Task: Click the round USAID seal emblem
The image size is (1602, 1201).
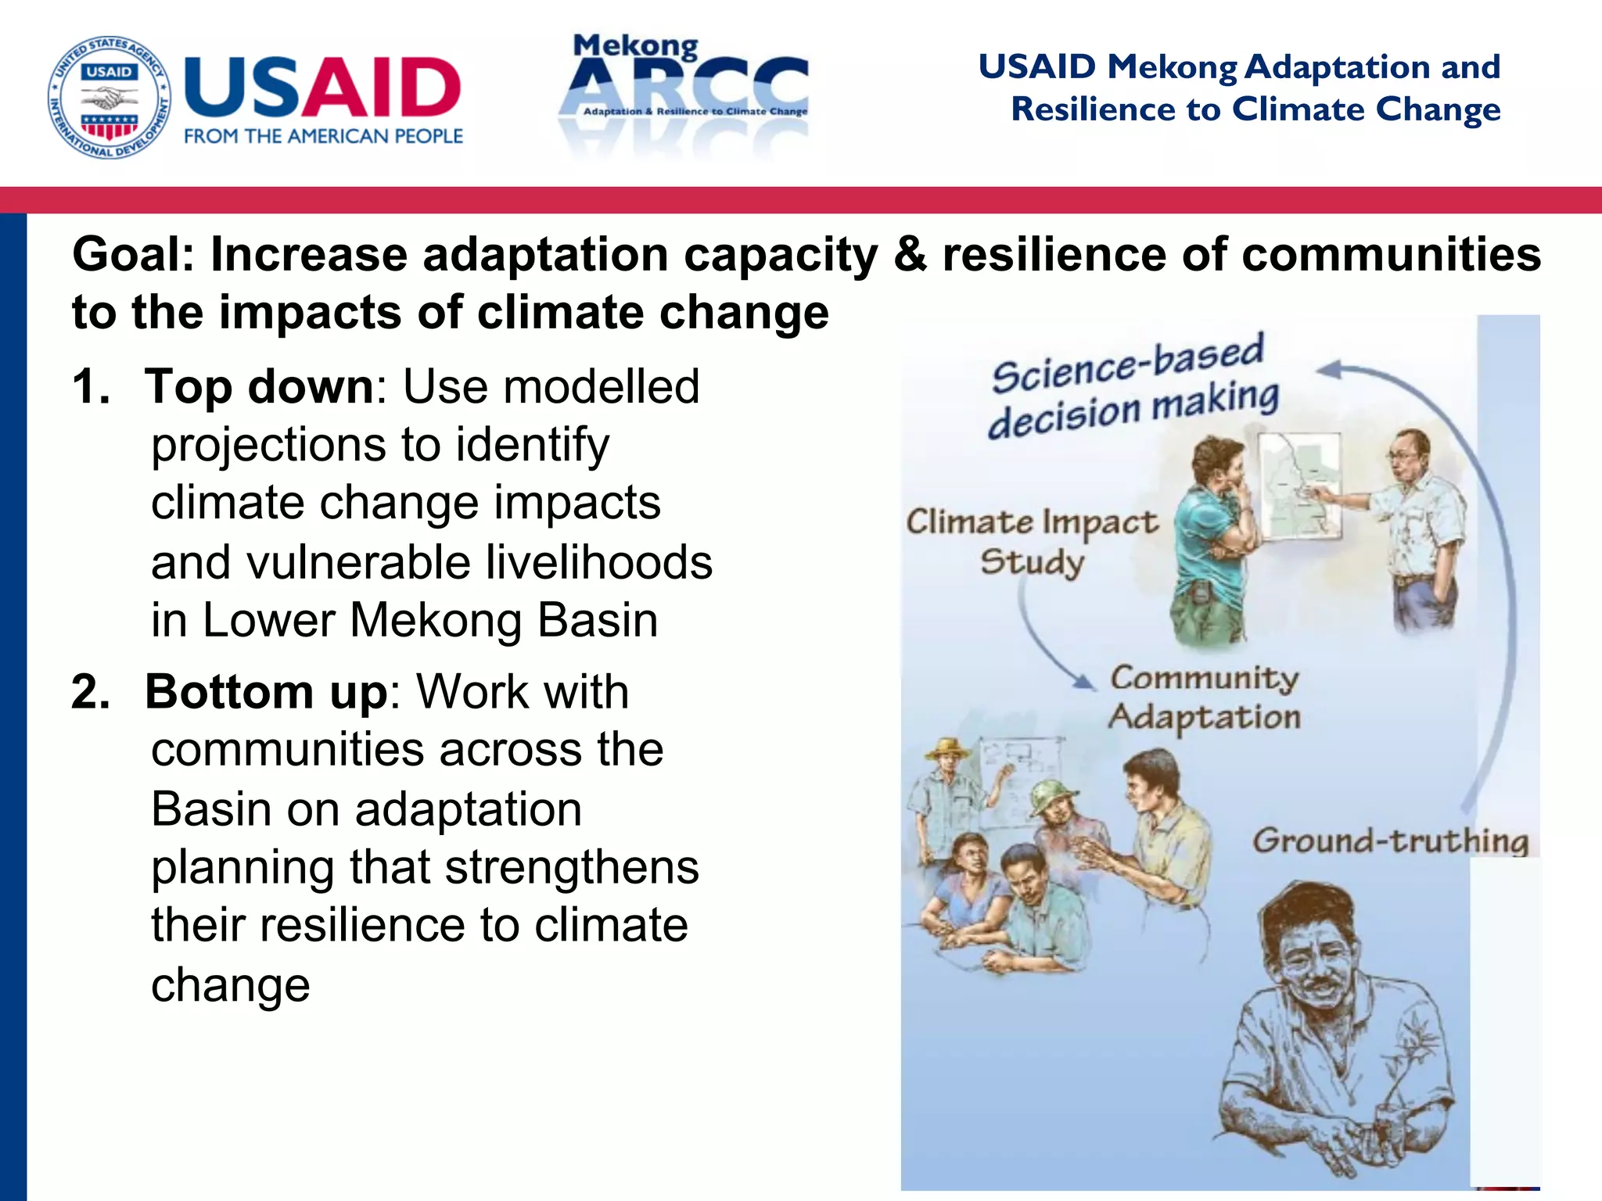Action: point(109,97)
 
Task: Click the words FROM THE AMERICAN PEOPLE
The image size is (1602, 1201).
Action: point(323,136)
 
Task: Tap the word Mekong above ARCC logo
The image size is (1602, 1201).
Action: point(635,46)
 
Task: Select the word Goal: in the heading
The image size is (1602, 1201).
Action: point(134,255)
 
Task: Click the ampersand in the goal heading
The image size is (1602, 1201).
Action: point(910,255)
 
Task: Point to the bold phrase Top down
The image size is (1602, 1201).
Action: point(260,386)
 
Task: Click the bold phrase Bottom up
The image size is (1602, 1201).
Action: point(266,692)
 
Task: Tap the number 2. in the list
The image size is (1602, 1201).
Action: point(91,692)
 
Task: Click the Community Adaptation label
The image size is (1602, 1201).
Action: point(1205,697)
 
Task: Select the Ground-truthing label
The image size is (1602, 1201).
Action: point(1390,841)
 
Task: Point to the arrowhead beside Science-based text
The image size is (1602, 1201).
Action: point(1331,370)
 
